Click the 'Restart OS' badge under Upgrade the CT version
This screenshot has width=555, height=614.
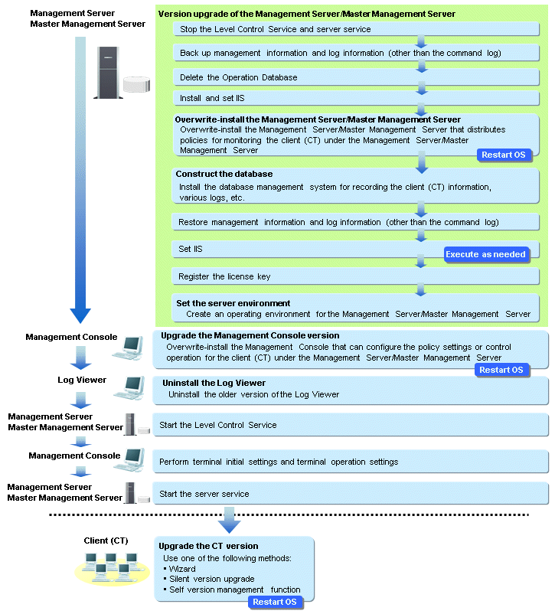point(275,602)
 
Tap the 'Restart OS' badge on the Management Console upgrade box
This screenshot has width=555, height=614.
point(501,370)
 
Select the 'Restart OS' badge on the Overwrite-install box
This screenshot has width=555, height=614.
point(504,155)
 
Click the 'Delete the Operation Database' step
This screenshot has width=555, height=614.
point(356,77)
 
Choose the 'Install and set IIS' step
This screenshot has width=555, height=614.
point(356,98)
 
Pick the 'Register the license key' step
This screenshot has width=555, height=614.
point(355,276)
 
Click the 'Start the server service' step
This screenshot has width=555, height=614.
point(351,494)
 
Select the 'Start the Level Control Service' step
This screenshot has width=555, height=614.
point(351,425)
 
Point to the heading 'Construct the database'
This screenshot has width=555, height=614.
point(224,174)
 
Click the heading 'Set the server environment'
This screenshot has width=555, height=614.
point(233,303)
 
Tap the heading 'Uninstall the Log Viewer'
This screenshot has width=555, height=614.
point(214,383)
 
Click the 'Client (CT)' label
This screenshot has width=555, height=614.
point(106,541)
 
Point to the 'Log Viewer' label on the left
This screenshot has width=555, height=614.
point(82,380)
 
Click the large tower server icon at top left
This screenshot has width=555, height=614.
point(109,73)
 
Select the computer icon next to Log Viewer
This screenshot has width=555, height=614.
point(129,387)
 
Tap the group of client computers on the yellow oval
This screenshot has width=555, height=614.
point(112,568)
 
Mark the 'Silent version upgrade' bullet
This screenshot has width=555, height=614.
point(212,579)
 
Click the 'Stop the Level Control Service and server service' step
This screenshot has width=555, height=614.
point(356,29)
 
